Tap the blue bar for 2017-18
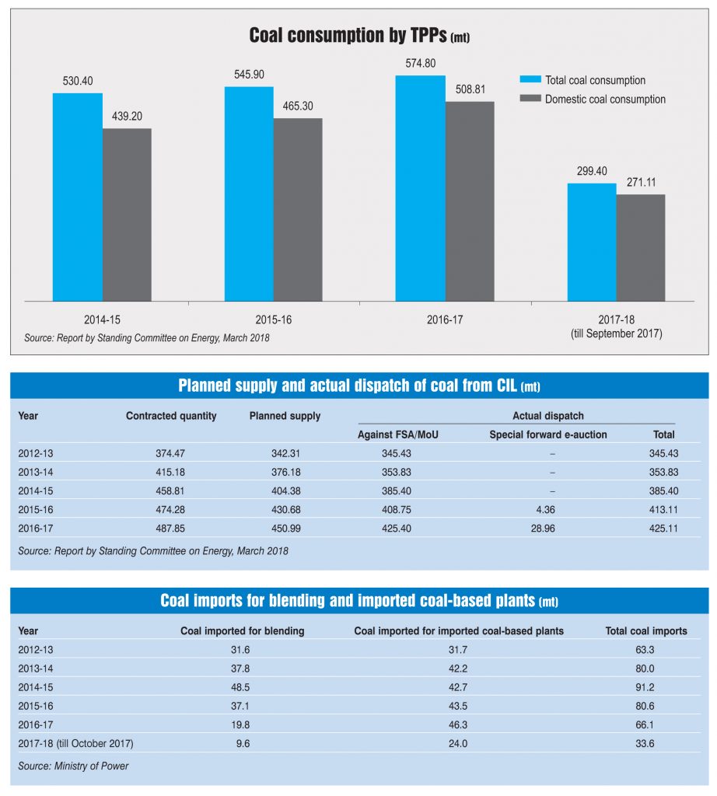592,242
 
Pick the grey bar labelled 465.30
298,209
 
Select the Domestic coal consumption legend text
605,99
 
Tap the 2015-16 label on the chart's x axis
274,319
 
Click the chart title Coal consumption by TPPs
358,36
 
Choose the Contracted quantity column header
171,416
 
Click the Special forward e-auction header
548,435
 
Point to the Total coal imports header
646,631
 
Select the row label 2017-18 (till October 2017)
75,743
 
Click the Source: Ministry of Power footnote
73,766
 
